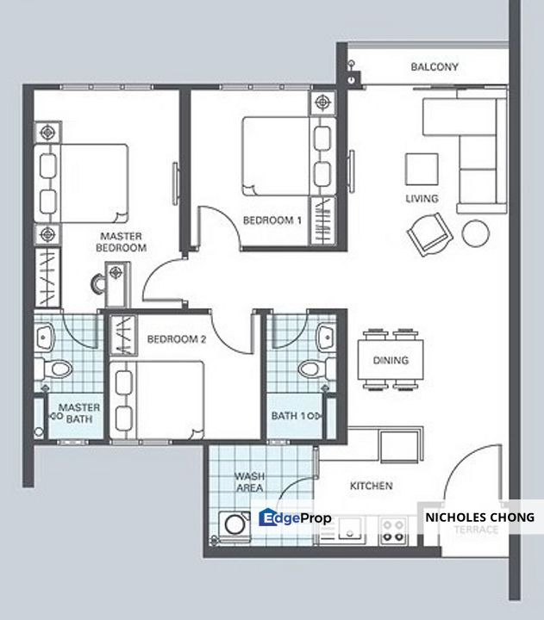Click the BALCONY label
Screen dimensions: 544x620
[x=435, y=67]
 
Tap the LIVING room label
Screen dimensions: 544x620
[x=422, y=199]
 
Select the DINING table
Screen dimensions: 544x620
[x=391, y=360]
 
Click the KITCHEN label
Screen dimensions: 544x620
[x=372, y=486]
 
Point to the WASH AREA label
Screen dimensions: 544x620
[x=249, y=482]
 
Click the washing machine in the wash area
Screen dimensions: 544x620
[x=234, y=525]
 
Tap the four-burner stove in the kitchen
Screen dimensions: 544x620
[x=393, y=531]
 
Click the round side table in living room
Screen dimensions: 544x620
[x=476, y=233]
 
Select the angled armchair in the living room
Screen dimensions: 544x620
[x=429, y=234]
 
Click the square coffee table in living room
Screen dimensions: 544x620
[x=422, y=170]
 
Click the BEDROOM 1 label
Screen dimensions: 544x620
[x=272, y=220]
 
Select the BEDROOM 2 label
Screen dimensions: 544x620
[x=177, y=339]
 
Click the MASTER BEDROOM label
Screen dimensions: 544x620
[x=122, y=242]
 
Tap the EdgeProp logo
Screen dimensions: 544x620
[x=295, y=518]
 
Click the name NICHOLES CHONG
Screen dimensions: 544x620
[x=480, y=518]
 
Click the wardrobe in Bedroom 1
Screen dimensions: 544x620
[x=322, y=221]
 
